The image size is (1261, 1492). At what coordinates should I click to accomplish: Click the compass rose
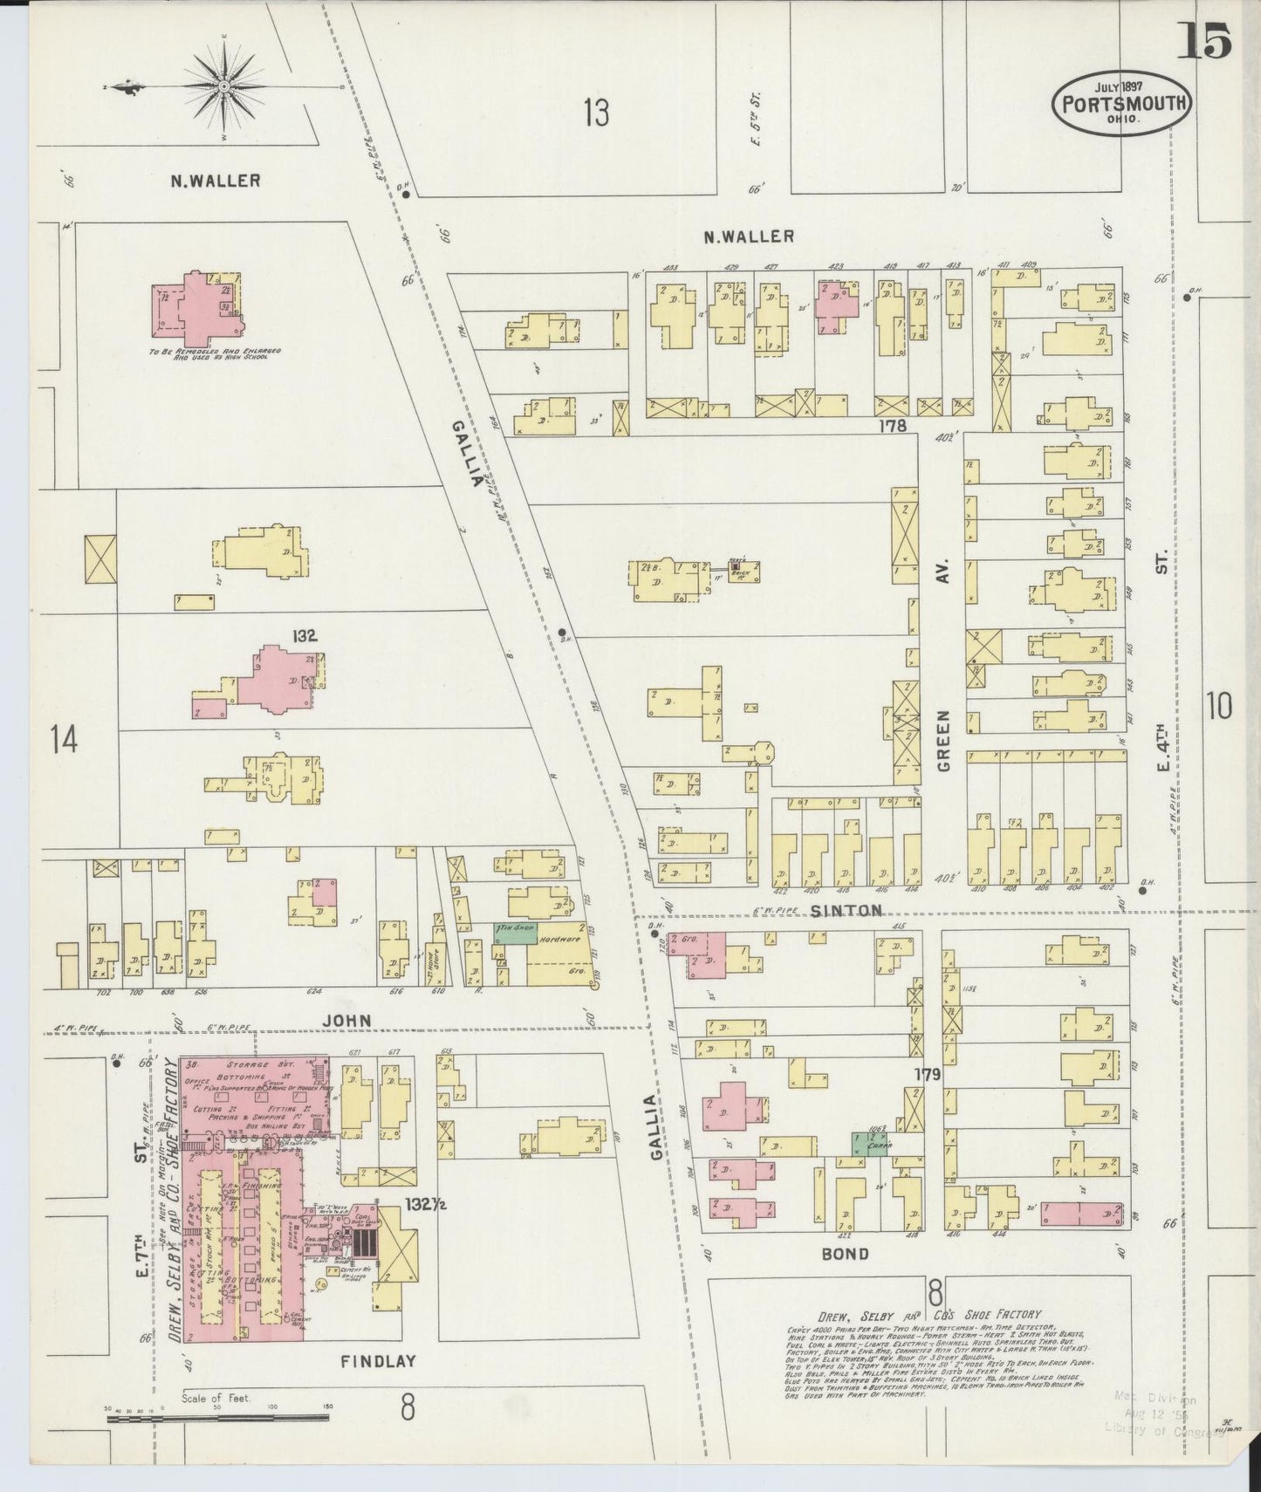click(224, 86)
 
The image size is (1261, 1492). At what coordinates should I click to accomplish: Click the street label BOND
click(845, 1255)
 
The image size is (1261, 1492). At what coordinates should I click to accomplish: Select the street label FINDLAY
click(377, 1360)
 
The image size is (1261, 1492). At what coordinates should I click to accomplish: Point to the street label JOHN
click(347, 1020)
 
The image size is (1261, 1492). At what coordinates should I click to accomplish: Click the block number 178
click(893, 426)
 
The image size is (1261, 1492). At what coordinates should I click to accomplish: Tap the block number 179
click(927, 1075)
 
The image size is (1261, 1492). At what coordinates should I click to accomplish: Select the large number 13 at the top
click(596, 113)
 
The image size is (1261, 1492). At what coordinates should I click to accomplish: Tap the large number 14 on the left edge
click(64, 740)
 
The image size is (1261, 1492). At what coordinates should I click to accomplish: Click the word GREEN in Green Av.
click(945, 741)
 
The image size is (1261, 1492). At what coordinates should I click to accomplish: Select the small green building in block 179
click(869, 1144)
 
